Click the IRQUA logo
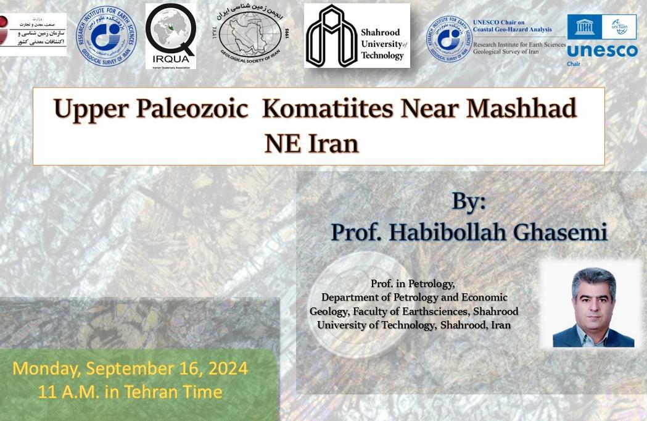171,36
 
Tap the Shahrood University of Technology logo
356,36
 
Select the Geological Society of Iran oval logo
249,36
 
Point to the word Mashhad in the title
521,109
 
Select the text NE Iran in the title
311,144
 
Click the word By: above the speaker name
469,201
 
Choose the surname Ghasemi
564,232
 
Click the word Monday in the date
44,369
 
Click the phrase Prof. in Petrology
413,284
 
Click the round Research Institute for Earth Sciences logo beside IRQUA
106,36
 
